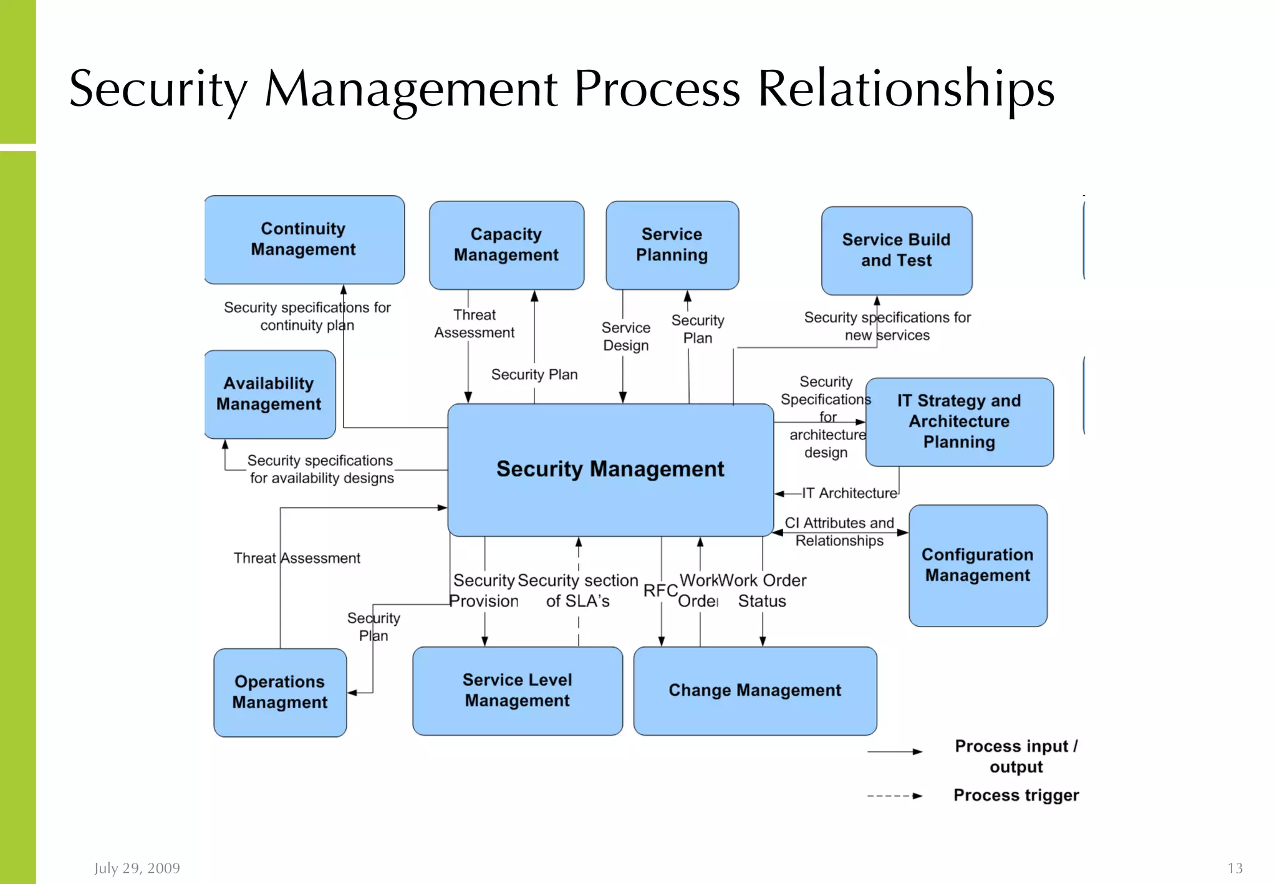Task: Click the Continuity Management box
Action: click(x=304, y=239)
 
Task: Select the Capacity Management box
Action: click(x=506, y=244)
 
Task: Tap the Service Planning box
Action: click(x=672, y=244)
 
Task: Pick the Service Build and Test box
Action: click(x=896, y=250)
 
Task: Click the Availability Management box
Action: click(x=269, y=393)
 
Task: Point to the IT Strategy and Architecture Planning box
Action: click(x=959, y=421)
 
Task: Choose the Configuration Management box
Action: click(x=977, y=565)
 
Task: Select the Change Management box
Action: click(x=754, y=690)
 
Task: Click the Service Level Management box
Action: click(x=517, y=690)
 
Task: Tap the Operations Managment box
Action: click(x=279, y=692)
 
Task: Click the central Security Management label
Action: click(x=610, y=469)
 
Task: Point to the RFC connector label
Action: click(x=660, y=590)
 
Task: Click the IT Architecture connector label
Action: click(x=849, y=493)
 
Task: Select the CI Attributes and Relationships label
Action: click(x=839, y=532)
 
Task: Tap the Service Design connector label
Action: click(x=625, y=337)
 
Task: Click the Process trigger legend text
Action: click(x=1016, y=795)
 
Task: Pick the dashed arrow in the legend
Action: click(x=894, y=796)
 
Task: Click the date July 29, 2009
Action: click(x=137, y=868)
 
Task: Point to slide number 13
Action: click(x=1235, y=868)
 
